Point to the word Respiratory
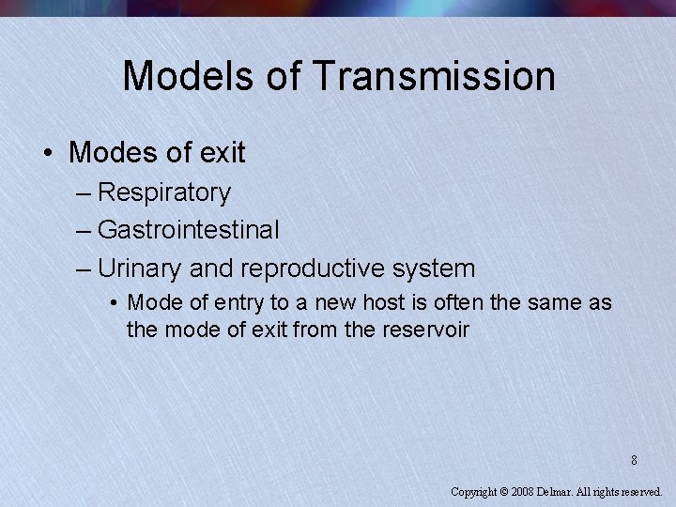pyautogui.click(x=163, y=192)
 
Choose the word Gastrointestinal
pyautogui.click(x=188, y=229)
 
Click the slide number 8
pyautogui.click(x=634, y=460)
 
